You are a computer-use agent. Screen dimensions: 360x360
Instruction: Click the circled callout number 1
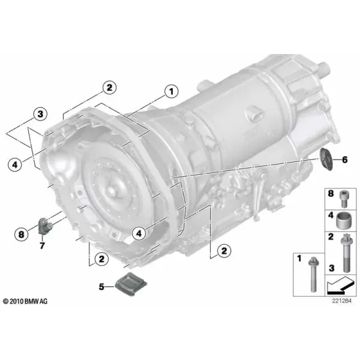tap(171, 92)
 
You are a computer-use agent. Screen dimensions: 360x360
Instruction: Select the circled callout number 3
tap(40, 114)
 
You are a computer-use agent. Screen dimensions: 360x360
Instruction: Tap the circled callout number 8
tap(21, 235)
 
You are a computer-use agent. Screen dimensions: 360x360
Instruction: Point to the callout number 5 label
tap(101, 287)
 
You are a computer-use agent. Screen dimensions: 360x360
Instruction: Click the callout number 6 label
tap(344, 160)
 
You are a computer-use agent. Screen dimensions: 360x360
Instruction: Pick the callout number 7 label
tap(42, 245)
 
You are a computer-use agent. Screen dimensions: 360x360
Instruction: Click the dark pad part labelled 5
tap(131, 284)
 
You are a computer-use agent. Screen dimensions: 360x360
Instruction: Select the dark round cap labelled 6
tap(326, 159)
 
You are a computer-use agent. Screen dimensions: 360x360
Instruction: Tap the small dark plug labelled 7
tap(46, 226)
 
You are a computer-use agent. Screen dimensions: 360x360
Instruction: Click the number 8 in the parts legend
tap(331, 194)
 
